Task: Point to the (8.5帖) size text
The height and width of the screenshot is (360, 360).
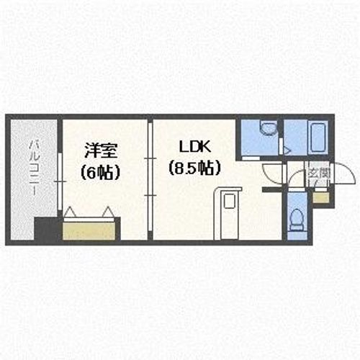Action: click(194, 168)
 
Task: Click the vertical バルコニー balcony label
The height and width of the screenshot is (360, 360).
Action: click(33, 166)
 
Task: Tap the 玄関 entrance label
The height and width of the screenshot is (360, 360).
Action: click(318, 173)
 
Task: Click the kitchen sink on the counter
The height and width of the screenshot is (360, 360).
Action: click(230, 202)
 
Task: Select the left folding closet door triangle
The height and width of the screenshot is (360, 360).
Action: click(72, 212)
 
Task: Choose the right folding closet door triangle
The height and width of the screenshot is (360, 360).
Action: click(107, 212)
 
